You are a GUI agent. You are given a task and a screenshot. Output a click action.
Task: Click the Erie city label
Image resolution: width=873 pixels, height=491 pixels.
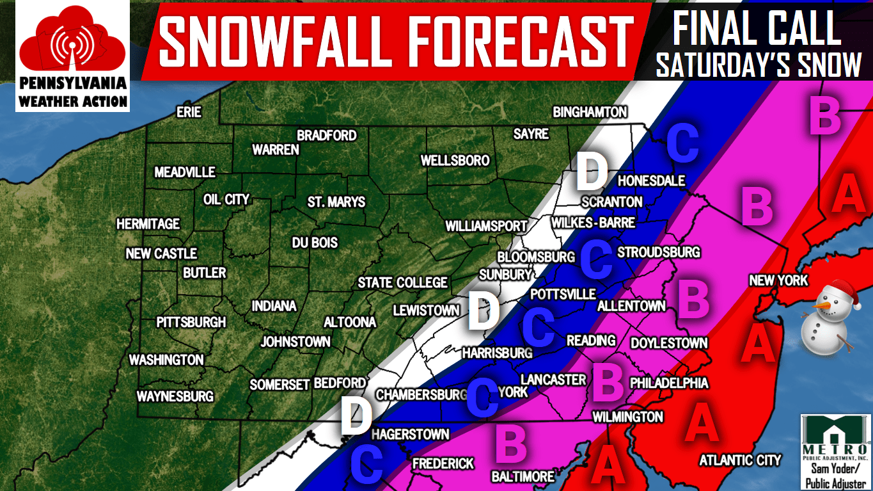tap(189, 113)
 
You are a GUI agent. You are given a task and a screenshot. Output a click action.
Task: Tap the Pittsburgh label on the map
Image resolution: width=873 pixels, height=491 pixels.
tap(191, 322)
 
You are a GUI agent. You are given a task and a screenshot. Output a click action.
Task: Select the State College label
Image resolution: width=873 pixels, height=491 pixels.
tap(402, 282)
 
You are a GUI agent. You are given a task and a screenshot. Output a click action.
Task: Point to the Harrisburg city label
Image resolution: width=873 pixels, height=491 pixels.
tap(497, 353)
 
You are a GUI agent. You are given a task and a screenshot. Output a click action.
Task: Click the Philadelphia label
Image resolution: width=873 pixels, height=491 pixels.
tap(669, 383)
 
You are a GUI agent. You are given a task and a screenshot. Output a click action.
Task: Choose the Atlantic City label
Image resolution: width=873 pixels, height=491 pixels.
tap(740, 460)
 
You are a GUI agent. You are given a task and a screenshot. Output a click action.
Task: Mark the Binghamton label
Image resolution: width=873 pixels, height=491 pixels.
tap(590, 113)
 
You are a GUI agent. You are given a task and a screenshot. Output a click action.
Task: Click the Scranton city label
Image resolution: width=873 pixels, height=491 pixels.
tap(611, 202)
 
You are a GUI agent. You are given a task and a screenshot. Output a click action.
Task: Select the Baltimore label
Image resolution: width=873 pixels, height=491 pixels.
tap(523, 477)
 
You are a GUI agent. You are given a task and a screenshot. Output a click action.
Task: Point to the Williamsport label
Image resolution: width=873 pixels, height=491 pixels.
tap(486, 226)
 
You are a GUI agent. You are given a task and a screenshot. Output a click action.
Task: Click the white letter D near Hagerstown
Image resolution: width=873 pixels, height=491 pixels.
tap(356, 416)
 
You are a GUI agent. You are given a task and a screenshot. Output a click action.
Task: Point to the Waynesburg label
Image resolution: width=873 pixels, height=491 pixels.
tap(175, 396)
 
